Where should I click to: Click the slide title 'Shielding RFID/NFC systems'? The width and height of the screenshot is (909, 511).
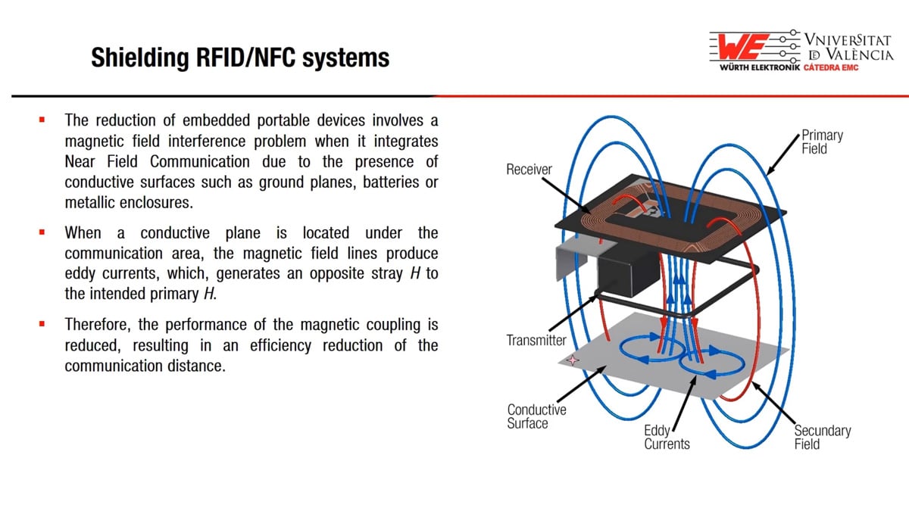click(240, 58)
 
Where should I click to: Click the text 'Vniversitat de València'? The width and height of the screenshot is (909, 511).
click(848, 46)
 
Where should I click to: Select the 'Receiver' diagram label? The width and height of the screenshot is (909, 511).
click(529, 170)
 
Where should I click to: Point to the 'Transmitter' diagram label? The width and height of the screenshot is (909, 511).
click(536, 341)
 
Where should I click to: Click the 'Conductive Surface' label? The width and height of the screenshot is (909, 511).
click(536, 416)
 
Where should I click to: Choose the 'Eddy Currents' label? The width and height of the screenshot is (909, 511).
click(667, 438)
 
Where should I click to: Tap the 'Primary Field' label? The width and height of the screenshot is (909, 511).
click(822, 142)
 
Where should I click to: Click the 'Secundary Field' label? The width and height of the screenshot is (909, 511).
click(822, 437)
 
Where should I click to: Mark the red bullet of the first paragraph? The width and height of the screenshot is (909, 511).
click(43, 120)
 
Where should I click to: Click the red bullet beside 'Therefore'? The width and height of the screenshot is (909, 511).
click(43, 325)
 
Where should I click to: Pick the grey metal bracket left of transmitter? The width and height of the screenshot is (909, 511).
click(576, 260)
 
